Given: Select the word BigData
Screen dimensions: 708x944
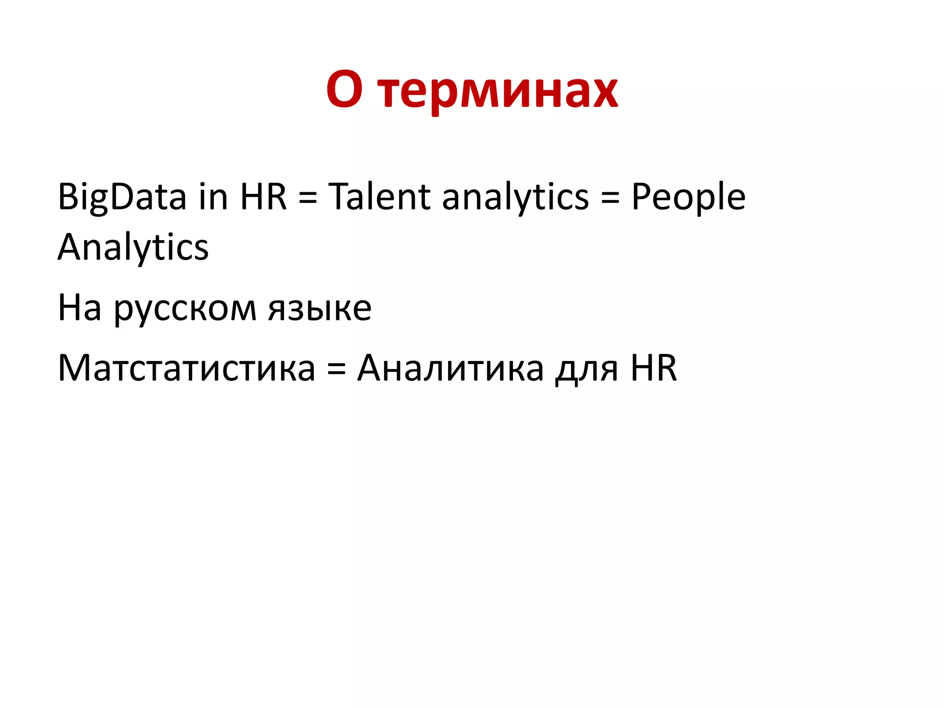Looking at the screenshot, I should (122, 197).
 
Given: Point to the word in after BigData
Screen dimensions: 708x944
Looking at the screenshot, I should (213, 196).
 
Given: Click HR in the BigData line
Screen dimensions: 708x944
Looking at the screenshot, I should (263, 196).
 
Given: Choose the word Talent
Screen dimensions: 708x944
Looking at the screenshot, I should (379, 196).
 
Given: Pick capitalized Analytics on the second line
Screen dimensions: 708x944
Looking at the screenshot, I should (133, 248).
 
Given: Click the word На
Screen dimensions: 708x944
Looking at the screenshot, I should (79, 308).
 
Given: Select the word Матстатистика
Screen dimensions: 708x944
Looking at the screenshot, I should (187, 368).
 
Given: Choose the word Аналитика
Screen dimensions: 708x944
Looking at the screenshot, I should (450, 368).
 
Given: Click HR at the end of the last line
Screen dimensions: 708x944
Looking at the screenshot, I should (654, 367).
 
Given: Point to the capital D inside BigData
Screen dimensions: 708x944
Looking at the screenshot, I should (123, 196).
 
